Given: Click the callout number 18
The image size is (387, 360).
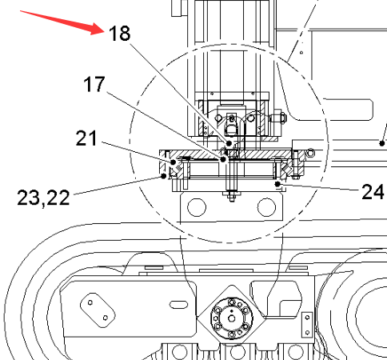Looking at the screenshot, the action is coord(120,33).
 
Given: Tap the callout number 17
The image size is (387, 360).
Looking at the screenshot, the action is coord(94,84).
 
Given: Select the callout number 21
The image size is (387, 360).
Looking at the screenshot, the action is coord(86,138).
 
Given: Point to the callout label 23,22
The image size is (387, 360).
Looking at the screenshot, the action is coord(43,198).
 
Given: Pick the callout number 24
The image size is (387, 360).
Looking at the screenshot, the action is coord(373,191).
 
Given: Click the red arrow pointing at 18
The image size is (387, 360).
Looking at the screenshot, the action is coord(63,22).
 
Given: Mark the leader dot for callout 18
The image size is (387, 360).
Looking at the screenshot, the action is coord(229,143).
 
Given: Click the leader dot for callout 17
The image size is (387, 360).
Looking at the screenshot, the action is coord(223,159).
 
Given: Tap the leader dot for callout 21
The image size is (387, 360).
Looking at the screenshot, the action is coord(173,162).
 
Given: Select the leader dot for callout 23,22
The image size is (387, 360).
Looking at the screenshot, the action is coord(164,176).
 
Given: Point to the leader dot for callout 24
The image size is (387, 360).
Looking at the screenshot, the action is coord(277,184).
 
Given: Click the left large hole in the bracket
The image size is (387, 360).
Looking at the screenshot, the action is coord(197,207).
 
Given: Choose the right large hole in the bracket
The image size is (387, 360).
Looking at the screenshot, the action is coord(266,207).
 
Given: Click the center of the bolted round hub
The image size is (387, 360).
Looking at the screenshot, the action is coord(232,318).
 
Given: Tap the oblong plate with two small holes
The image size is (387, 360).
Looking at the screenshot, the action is coord(98,310).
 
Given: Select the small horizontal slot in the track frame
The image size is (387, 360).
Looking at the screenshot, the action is coord(178,304).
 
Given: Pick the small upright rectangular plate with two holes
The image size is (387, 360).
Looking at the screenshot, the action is coord(307,325).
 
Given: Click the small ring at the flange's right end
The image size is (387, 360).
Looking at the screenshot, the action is coord(310,153).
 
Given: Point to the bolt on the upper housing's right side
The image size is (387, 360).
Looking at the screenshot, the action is coord(278,117).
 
